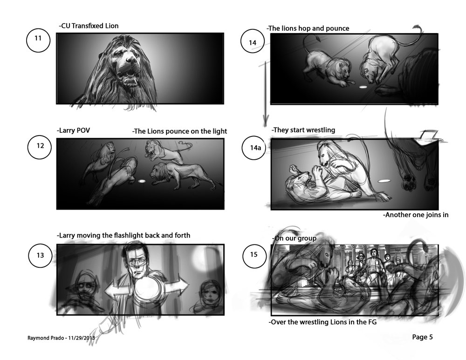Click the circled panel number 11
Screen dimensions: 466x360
[x=38, y=41]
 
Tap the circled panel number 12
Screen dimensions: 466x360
[x=40, y=147]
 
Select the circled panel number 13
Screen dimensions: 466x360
[x=41, y=255]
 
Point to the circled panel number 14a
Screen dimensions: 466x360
[x=254, y=147]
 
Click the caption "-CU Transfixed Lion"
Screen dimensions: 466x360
[x=89, y=26]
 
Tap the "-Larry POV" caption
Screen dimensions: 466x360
[x=73, y=130]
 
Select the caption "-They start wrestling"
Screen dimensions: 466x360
[x=303, y=130]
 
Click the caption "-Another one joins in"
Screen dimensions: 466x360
[x=416, y=215]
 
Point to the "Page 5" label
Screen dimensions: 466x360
[x=422, y=337]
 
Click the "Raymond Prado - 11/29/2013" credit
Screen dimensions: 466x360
[x=61, y=338]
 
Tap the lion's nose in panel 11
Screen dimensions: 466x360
[x=131, y=60]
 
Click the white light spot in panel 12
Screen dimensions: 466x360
[x=142, y=181]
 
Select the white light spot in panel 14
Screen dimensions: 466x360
[x=363, y=87]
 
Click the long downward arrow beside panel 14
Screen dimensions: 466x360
[x=264, y=93]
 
